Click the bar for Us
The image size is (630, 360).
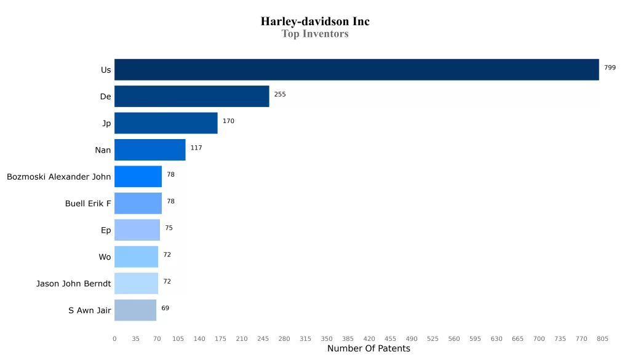coord(356,70)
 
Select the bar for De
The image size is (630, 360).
coord(191,97)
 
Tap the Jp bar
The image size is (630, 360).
coord(165,123)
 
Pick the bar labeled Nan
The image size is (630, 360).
coord(150,150)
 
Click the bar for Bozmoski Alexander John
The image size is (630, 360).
coord(138,177)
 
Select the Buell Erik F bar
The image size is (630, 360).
coord(138,203)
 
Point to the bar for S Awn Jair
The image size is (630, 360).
coord(135,310)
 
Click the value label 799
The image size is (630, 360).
coord(610,68)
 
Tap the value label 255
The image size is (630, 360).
coord(280,95)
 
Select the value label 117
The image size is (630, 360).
coord(196,148)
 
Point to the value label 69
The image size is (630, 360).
coord(165,308)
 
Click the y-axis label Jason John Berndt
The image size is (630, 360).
coord(74,284)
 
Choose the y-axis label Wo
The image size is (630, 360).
coord(105,257)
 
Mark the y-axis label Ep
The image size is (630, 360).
coord(106,230)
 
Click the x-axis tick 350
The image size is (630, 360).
coord(327,339)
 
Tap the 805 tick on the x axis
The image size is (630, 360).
coord(602,339)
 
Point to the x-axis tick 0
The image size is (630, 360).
coord(114,339)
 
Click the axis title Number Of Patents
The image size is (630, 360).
coord(369,349)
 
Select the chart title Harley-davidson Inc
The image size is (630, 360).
coord(315,22)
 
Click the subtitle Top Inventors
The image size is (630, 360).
coord(315,34)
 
